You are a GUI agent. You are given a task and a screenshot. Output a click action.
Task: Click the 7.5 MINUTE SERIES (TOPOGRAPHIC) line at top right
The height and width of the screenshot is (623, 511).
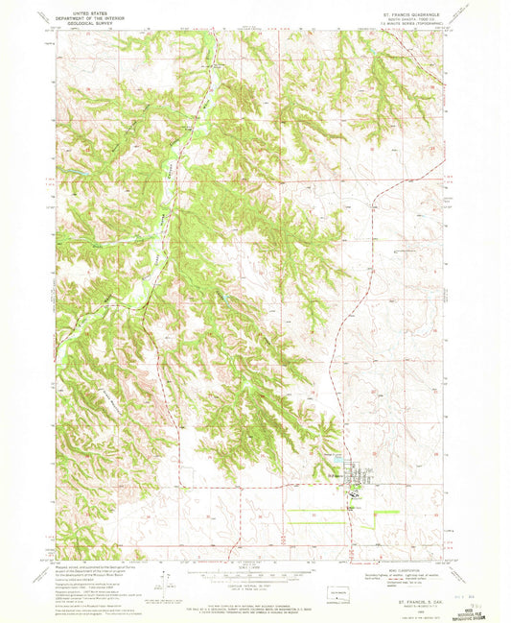tap(415, 27)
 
